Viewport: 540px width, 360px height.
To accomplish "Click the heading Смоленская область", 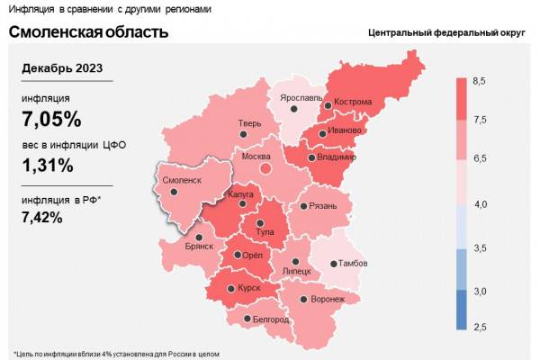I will [88, 32].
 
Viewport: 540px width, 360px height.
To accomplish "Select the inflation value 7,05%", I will [51, 119].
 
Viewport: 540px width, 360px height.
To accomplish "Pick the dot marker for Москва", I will [265, 167].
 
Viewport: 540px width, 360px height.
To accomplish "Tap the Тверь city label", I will [249, 123].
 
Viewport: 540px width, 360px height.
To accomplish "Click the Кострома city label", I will [353, 102].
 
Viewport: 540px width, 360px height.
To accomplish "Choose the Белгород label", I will [270, 319].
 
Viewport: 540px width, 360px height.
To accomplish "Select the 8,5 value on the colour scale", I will [480, 82].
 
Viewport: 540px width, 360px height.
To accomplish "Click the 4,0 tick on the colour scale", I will [480, 205].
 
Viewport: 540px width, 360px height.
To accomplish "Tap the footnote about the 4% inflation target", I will [116, 352].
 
